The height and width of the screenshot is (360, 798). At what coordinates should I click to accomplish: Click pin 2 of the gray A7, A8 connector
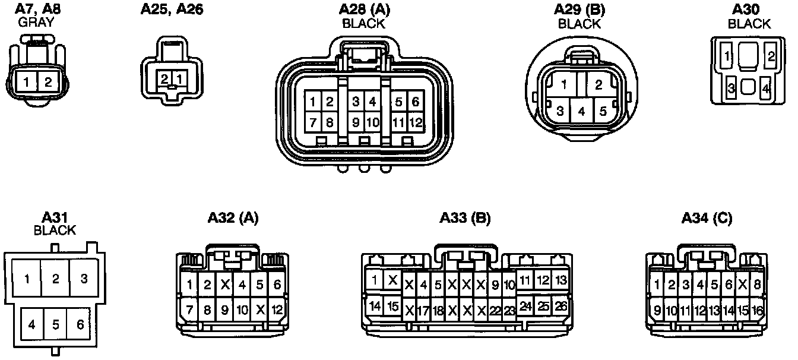point(47,81)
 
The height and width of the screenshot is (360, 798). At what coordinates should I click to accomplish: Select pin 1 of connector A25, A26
point(179,78)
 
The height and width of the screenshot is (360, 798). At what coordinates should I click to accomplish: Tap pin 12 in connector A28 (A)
point(415,123)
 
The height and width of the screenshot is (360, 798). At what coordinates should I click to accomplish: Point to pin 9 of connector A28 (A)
point(356,123)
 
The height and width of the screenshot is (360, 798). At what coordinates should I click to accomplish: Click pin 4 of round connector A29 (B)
point(582,111)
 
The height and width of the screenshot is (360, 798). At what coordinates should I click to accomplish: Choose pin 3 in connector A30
point(731,88)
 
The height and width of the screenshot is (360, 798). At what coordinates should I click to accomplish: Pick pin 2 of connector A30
point(771,57)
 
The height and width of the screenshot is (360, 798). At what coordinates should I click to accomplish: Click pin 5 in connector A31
point(55,325)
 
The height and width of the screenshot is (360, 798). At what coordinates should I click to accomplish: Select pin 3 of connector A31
point(84,278)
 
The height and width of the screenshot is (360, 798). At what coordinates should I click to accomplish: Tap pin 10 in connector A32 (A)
point(242,310)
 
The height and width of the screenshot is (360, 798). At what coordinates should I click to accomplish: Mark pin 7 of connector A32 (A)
point(189,310)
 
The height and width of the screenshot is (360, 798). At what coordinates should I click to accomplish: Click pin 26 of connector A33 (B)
point(560,306)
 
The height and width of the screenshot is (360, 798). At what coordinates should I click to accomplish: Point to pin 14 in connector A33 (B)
point(375,307)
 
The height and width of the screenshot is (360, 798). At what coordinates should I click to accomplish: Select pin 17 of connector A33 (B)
point(423,310)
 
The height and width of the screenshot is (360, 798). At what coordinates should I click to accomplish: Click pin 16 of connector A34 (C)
point(757,310)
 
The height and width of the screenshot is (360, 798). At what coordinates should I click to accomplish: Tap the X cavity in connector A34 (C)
point(742,285)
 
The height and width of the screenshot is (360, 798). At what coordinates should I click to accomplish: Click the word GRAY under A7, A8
point(36,23)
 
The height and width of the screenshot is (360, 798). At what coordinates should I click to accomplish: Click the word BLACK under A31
point(55,230)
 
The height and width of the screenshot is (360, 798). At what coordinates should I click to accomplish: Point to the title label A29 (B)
point(579,10)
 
